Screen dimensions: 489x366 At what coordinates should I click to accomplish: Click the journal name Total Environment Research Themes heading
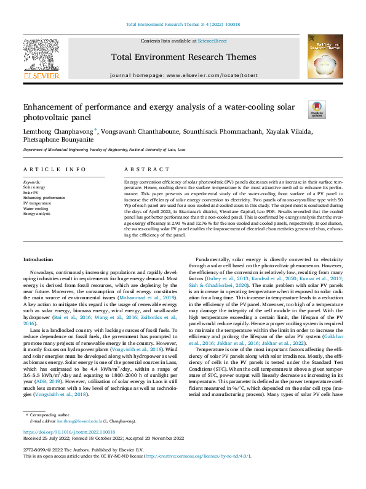point(183,57)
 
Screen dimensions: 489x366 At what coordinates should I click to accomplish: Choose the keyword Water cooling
point(36,209)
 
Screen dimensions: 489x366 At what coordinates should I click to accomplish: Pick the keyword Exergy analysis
point(37,214)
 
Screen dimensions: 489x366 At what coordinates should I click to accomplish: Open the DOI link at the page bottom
point(70,433)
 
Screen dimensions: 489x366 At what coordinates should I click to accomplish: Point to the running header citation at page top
point(183,24)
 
